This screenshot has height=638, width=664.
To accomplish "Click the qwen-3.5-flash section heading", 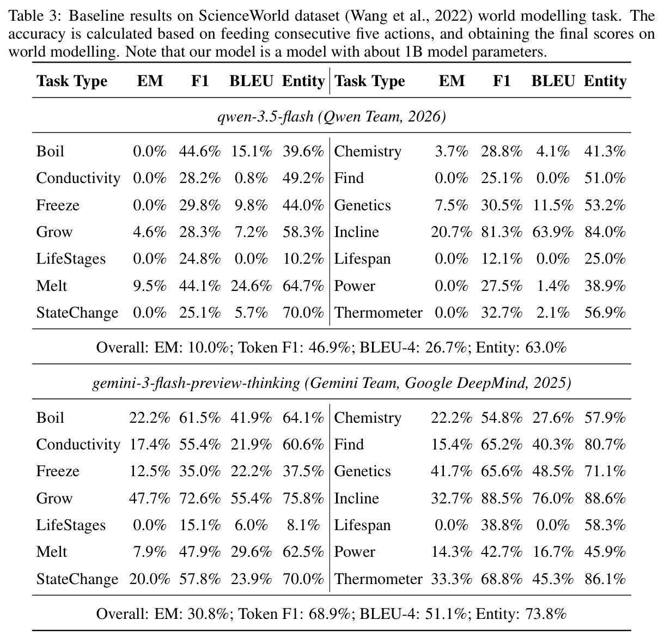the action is point(332,117).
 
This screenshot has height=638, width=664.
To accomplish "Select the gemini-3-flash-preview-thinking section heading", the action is point(332,383).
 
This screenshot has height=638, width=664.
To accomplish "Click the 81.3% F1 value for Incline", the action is point(502,232).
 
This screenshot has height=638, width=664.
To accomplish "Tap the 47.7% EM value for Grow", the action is point(149,499).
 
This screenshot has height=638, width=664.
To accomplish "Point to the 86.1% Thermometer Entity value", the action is point(605,579).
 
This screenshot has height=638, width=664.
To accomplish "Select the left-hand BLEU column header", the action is point(251,81).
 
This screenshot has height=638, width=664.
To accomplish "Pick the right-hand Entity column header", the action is point(605,81).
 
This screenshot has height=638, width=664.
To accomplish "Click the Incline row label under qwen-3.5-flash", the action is point(356,232).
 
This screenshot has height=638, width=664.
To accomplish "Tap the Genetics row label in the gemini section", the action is point(362,471).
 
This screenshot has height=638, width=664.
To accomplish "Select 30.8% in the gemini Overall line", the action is point(208,614).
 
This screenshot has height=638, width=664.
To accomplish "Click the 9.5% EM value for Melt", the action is point(149,286).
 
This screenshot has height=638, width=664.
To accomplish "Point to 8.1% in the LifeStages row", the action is point(303,525).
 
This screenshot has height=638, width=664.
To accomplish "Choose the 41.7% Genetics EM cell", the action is point(452,471).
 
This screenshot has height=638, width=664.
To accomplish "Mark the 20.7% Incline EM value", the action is point(452,232).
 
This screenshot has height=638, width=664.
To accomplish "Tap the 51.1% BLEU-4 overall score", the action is point(446,614).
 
